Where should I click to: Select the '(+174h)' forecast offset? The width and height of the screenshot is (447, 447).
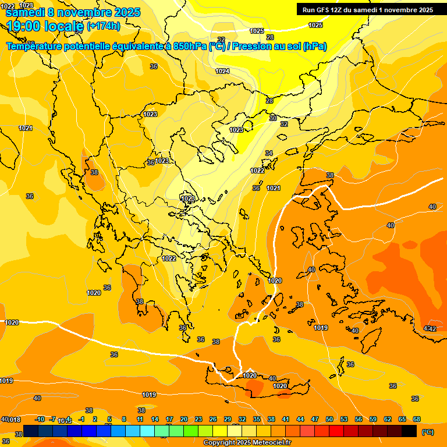tap(104, 26)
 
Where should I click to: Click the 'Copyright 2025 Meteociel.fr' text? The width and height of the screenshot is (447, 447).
tap(247, 442)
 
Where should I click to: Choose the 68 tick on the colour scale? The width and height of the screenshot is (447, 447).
tap(417, 419)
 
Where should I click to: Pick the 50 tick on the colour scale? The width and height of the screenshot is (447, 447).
tap(329, 419)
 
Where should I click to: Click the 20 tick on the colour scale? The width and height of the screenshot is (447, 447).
tap(184, 419)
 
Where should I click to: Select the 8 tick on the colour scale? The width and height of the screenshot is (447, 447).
tap(124, 419)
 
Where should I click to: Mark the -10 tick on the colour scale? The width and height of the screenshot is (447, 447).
tap(40, 419)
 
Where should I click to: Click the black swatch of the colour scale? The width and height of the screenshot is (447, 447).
tap(409, 431)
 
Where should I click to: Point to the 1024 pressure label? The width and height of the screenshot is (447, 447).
tap(222, 71)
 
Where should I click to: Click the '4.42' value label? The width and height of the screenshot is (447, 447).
tap(430, 329)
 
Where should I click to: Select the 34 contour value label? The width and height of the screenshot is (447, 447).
tap(269, 153)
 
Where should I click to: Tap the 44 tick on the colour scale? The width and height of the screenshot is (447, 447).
tap(300, 419)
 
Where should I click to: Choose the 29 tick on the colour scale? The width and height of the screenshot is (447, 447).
tap(228, 419)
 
